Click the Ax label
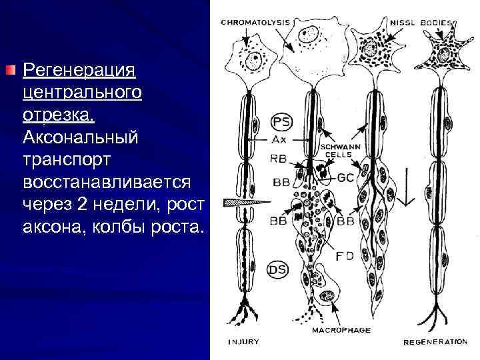coord(279,140)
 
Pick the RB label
coord(279,159)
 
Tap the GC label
coord(345,178)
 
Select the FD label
coord(343,255)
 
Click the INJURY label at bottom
coord(243,342)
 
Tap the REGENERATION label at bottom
coord(435,342)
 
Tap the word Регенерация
coord(79,70)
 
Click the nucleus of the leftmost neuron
coord(254,63)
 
